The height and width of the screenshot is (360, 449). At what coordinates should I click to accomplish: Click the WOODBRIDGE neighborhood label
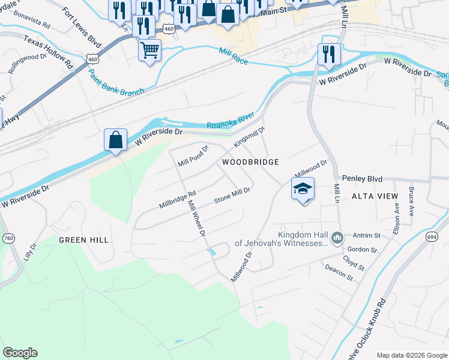pyautogui.click(x=250, y=163)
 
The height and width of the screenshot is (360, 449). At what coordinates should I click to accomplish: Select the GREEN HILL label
pyautogui.click(x=83, y=240)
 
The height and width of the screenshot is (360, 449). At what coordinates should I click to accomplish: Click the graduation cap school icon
pyautogui.click(x=303, y=189)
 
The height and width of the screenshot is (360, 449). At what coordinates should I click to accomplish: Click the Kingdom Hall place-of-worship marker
pyautogui.click(x=337, y=239)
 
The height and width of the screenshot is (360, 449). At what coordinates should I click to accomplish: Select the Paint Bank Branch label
pyautogui.click(x=116, y=83)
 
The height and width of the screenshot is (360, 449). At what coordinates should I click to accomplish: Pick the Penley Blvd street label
pyautogui.click(x=362, y=179)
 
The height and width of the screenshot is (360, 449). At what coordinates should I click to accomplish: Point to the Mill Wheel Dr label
pyautogui.click(x=196, y=218)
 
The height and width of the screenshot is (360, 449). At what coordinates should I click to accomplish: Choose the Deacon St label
pyautogui.click(x=339, y=272)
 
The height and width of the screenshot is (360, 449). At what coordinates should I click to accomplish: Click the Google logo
pyautogui.click(x=20, y=353)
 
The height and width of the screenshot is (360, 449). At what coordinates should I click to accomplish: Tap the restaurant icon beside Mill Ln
pyautogui.click(x=329, y=53)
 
